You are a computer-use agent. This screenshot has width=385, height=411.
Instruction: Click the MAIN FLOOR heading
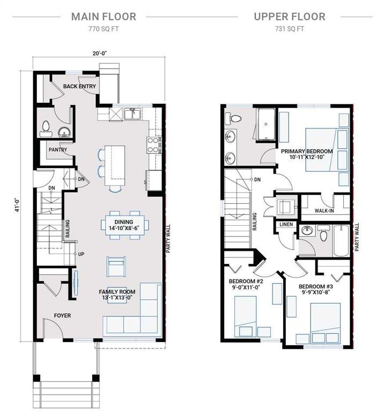[103, 17]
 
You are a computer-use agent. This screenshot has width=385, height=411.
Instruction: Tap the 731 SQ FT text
[289, 28]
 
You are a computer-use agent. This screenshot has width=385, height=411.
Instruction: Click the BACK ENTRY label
[79, 86]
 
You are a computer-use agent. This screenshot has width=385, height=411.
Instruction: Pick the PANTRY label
[58, 150]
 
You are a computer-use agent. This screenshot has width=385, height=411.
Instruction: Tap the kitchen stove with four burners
[154, 143]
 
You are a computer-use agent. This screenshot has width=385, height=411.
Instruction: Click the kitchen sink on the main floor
[132, 113]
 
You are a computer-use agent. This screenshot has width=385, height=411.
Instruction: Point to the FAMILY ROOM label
[117, 292]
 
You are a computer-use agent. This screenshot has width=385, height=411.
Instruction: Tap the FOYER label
[62, 316]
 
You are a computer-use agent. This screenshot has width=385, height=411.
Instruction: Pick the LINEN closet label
[286, 224]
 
